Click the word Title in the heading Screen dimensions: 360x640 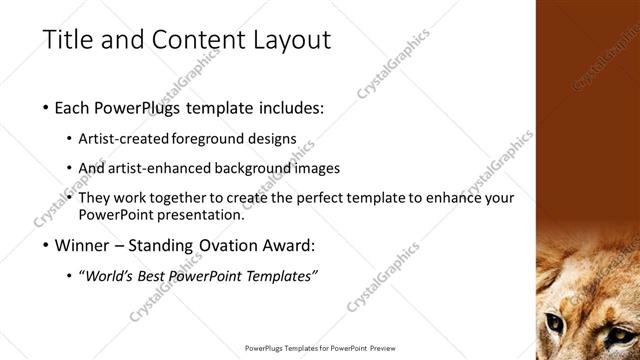[x=70, y=40]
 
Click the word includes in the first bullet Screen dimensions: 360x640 [x=289, y=107]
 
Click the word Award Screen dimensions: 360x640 [x=288, y=245]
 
